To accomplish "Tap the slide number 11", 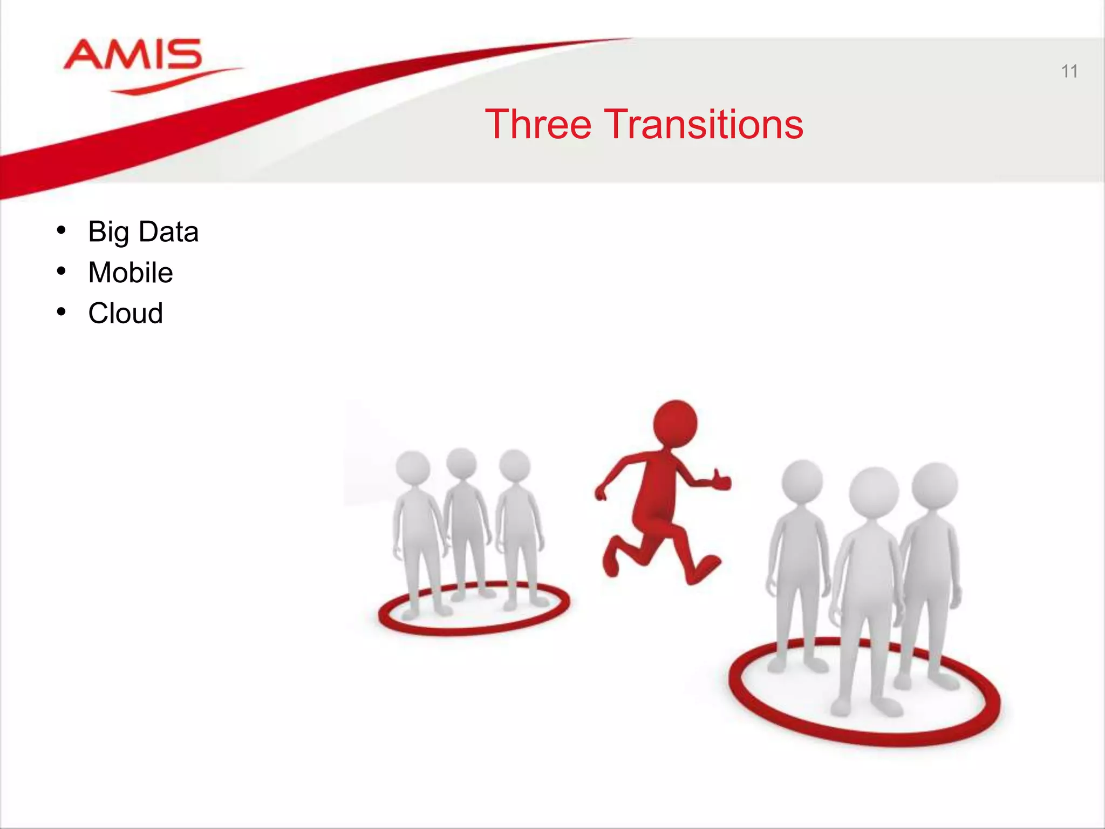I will [1069, 71].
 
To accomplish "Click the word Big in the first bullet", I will [108, 232].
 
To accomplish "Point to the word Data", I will [168, 232].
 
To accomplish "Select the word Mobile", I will [131, 272].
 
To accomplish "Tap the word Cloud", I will [126, 313].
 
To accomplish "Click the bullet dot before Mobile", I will [61, 271].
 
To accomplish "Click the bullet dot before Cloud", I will [61, 312].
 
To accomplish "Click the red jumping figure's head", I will [675, 423].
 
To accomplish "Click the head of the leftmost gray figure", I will [413, 467].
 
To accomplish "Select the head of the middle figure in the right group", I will [874, 493].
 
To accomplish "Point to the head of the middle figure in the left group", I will [461, 463].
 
